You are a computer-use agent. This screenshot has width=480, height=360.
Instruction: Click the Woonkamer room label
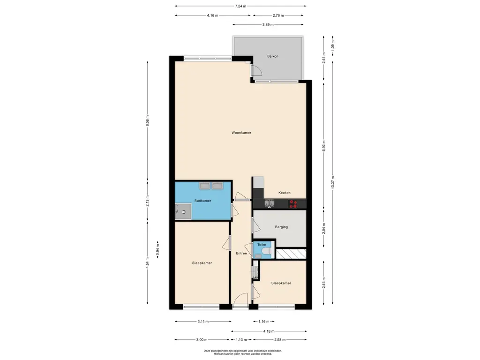(241, 133)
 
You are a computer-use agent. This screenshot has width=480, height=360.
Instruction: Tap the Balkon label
(273, 56)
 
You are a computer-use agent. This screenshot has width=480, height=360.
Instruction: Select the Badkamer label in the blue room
(202, 201)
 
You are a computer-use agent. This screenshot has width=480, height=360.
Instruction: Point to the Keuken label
(285, 193)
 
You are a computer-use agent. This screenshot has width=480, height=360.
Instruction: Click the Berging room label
(281, 227)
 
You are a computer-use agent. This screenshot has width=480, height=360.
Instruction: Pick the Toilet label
(262, 245)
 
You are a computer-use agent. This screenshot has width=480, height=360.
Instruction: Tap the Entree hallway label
(241, 254)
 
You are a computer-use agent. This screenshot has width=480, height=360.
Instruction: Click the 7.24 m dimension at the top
(240, 6)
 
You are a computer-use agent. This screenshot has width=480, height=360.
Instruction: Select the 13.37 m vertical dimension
(333, 182)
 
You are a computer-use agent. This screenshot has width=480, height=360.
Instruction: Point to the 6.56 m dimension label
(148, 121)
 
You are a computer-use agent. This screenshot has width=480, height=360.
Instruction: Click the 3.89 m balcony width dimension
(268, 24)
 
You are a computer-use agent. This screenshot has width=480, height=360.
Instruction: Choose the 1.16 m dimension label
(264, 322)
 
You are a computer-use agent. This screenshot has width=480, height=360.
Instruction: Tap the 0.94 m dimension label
(157, 250)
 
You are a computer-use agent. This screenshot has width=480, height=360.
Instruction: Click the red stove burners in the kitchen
(293, 204)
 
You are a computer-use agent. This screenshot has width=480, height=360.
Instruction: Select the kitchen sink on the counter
(270, 204)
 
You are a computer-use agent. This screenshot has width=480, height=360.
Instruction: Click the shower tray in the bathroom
(183, 212)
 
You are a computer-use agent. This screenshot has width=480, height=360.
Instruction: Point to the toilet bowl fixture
(266, 251)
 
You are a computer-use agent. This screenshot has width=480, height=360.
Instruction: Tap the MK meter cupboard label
(255, 278)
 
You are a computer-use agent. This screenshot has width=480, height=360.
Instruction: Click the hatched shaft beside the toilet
(291, 254)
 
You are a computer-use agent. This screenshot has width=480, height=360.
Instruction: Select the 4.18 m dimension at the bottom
(269, 331)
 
